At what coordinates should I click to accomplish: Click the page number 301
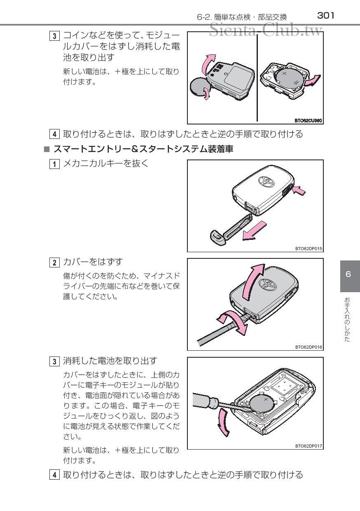point(325,16)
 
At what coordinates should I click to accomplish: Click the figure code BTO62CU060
point(308,120)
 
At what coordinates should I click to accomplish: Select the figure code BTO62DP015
point(309,248)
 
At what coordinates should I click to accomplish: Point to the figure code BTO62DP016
point(309,347)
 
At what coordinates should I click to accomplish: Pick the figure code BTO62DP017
point(309,446)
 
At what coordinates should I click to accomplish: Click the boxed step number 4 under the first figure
point(54,134)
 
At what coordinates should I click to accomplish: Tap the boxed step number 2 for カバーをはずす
point(54,263)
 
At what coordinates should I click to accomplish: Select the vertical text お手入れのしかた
point(348,320)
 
